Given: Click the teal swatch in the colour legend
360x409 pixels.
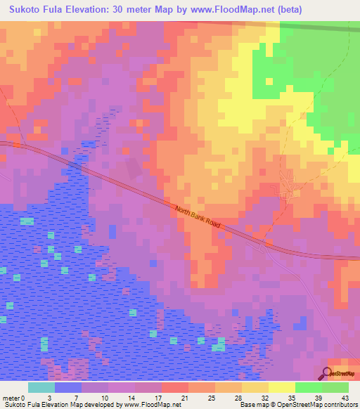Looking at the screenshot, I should (41, 387).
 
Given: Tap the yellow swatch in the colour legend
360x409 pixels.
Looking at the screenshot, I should (281, 387).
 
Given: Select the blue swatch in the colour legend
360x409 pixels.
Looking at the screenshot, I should (68, 387).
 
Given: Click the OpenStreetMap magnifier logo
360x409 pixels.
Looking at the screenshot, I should (328, 373).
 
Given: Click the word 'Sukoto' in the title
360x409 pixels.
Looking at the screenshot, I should (24, 9).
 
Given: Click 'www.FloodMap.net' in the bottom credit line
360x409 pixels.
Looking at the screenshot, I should (151, 405).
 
